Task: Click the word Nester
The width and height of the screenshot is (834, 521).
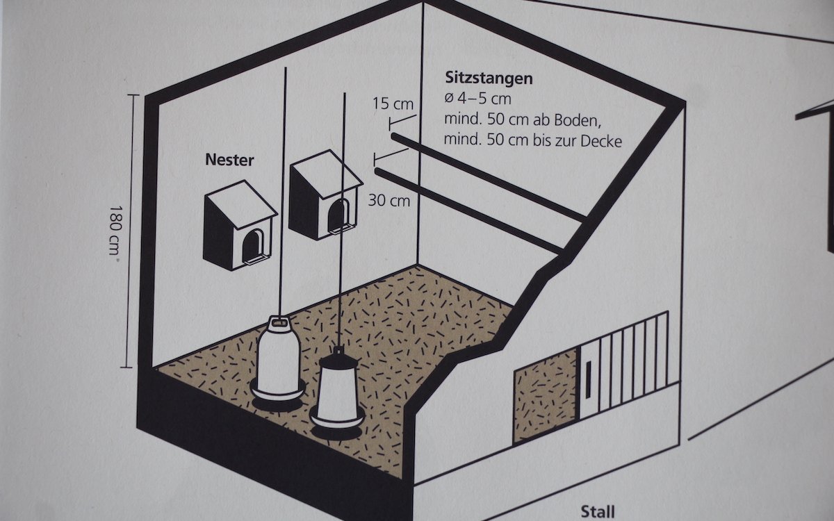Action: coord(229,160)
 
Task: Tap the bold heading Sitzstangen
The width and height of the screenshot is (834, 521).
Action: coord(489,78)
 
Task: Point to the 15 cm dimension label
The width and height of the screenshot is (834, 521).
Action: coord(393,105)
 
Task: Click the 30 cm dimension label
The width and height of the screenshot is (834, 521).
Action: coord(389,201)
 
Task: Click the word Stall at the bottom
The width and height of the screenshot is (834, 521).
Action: coord(597,512)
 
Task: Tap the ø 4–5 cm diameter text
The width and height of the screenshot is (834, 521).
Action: coord(477,98)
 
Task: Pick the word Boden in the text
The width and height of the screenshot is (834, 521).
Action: coord(572,119)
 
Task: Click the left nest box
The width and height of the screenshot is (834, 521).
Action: coord(240,226)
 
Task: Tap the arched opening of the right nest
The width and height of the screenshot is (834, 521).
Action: coord(340,214)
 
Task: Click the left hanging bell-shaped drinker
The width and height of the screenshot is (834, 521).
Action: coord(279,361)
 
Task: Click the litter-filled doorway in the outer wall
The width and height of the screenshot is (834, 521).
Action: coord(545,396)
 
